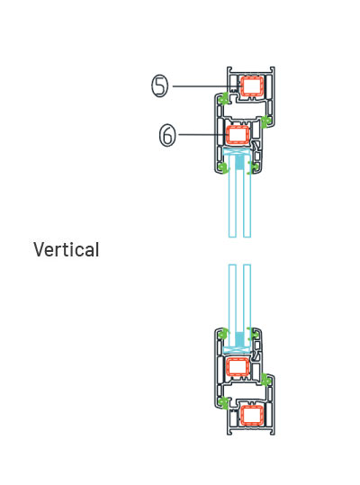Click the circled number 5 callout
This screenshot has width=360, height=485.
click(159, 86)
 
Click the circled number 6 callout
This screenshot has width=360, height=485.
click(167, 135)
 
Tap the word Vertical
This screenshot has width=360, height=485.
click(67, 249)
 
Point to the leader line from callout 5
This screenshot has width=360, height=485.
click(207, 86)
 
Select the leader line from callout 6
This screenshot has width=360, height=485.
click(202, 135)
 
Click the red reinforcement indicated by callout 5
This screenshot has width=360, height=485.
click(252, 86)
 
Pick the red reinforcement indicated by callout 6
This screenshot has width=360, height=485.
click(238, 135)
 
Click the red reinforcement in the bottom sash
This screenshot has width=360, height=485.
click(238, 367)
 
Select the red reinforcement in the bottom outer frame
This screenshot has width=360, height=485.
click(252, 415)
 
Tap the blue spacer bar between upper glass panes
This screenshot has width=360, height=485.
click(239, 162)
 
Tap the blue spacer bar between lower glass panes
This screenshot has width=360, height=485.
click(239, 339)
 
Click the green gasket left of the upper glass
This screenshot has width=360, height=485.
click(223, 167)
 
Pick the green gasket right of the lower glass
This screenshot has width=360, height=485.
click(255, 334)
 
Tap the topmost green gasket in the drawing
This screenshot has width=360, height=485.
click(223, 98)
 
